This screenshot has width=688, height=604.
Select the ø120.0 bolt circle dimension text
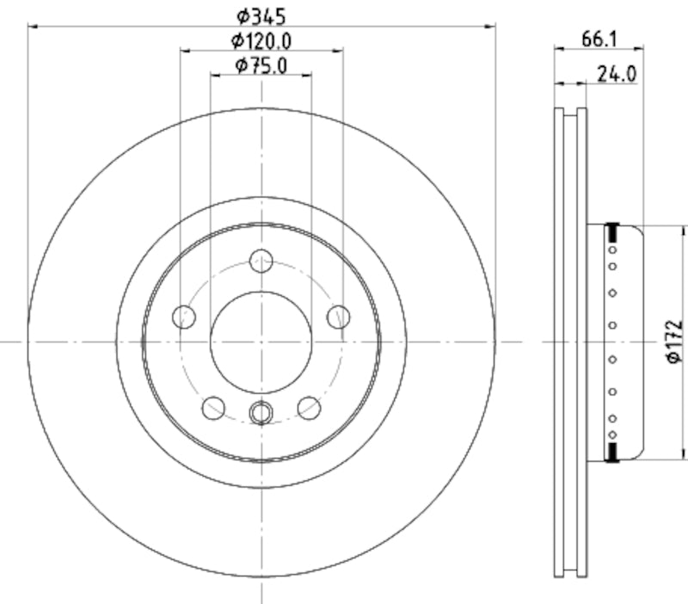(x=261, y=40)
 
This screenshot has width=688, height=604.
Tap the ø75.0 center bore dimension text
(x=261, y=65)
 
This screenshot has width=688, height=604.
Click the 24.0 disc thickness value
(x=616, y=74)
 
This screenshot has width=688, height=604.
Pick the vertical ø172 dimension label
(x=675, y=342)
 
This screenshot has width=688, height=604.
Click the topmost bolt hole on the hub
(x=261, y=260)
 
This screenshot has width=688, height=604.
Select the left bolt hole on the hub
(x=184, y=317)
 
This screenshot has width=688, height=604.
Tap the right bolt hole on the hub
(x=338, y=317)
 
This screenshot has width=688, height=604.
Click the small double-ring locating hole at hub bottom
(x=261, y=414)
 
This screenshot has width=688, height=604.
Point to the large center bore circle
(x=261, y=342)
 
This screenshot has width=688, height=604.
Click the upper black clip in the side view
(x=612, y=231)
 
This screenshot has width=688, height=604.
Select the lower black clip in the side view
(x=612, y=453)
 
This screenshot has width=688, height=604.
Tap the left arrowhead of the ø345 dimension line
(x=33, y=26)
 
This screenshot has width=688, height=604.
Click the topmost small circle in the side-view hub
(x=612, y=250)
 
